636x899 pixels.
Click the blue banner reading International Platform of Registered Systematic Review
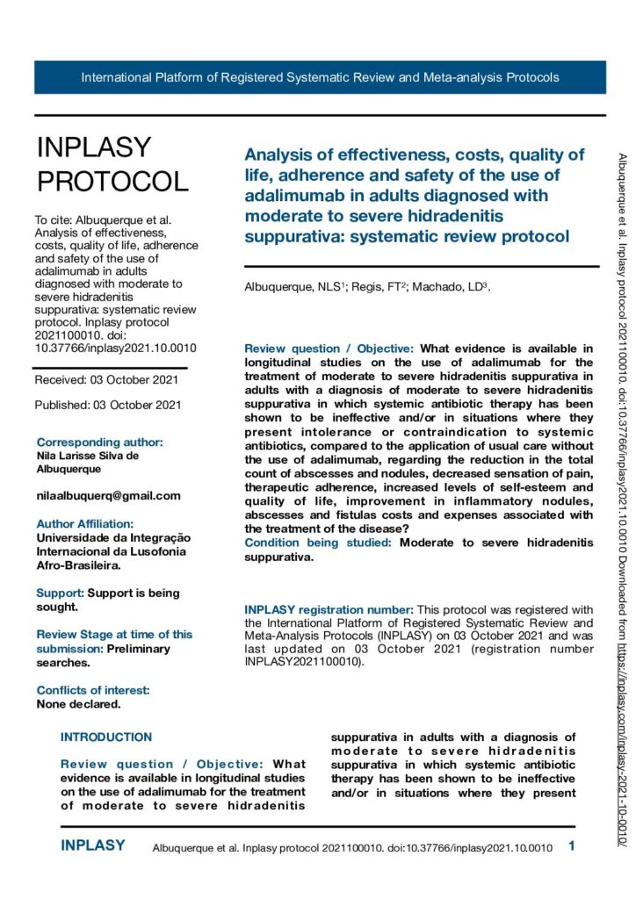(320, 77)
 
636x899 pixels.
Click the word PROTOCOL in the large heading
(112, 181)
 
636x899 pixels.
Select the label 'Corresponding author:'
(99, 442)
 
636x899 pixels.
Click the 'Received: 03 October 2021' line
(106, 379)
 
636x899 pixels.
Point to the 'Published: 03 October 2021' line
(108, 405)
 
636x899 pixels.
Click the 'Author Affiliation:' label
(85, 524)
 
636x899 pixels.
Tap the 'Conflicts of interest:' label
(93, 690)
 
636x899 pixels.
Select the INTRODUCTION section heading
(106, 737)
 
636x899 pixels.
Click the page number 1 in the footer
(572, 846)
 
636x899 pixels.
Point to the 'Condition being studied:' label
(319, 543)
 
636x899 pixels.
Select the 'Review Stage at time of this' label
(114, 634)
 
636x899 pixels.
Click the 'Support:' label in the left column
(60, 593)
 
